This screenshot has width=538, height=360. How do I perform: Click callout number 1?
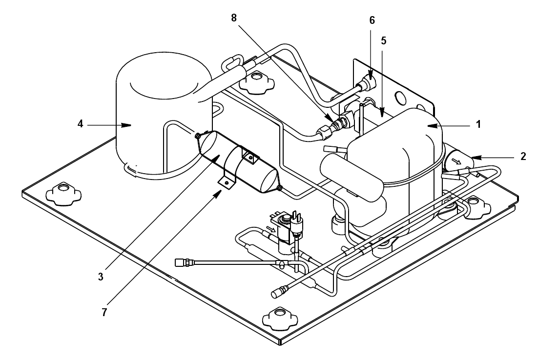[478, 124]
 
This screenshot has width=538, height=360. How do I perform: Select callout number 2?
[523, 157]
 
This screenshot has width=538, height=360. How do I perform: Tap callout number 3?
[101, 277]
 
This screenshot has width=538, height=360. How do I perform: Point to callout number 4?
[80, 124]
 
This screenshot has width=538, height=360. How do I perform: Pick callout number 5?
[384, 40]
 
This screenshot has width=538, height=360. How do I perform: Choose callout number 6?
[372, 20]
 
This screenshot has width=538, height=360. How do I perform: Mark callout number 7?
[104, 312]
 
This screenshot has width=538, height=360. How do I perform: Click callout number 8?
[234, 18]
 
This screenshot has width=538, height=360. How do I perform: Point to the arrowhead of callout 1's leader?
[432, 126]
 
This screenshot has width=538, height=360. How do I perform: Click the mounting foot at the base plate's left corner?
[63, 194]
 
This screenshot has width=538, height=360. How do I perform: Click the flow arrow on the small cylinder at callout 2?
[456, 161]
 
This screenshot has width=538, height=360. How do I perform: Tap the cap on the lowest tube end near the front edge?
[277, 294]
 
